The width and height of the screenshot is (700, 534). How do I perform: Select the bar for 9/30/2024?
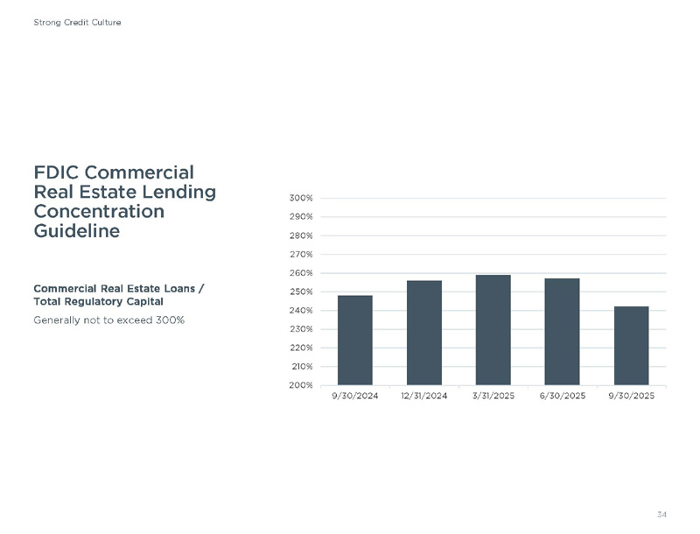355,341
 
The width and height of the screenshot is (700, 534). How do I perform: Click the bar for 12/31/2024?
424,333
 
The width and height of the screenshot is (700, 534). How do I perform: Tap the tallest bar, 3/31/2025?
493,330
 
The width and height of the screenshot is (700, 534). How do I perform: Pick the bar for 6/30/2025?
562,332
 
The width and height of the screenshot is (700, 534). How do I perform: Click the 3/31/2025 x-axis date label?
493,397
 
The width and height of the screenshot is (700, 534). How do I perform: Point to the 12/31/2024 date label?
424,397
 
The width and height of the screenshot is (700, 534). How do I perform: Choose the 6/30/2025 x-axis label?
562,397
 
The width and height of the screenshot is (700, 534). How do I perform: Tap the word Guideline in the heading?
76,231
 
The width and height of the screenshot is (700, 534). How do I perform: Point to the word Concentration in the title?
98,211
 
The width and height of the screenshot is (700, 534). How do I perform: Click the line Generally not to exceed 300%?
108,320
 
